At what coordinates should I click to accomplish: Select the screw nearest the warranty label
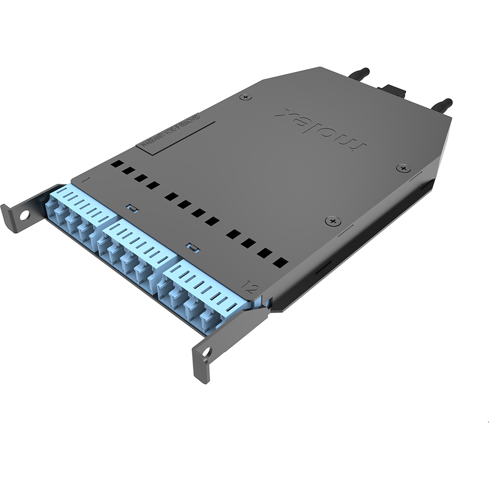246,97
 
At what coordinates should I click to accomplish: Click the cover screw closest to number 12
332,221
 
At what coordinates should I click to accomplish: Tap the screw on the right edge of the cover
403,168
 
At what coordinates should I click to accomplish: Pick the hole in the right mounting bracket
206,352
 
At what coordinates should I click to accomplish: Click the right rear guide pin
441,104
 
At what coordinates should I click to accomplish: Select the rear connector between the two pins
393,92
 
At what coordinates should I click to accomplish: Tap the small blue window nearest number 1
131,208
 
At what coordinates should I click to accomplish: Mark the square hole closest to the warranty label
117,164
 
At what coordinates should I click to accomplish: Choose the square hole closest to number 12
280,263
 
